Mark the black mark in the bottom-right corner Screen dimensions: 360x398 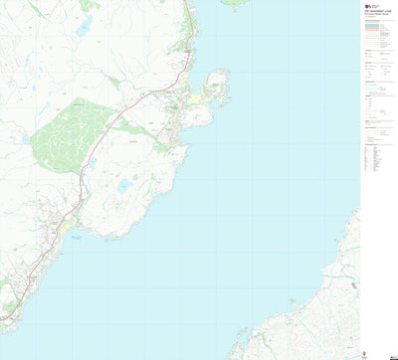coord(392,354)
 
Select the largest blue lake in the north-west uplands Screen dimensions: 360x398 coord(82,27)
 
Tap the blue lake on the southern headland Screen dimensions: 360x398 coord(123,186)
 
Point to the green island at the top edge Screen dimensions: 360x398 coord(235,3)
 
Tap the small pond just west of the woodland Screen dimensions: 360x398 coord(24,139)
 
